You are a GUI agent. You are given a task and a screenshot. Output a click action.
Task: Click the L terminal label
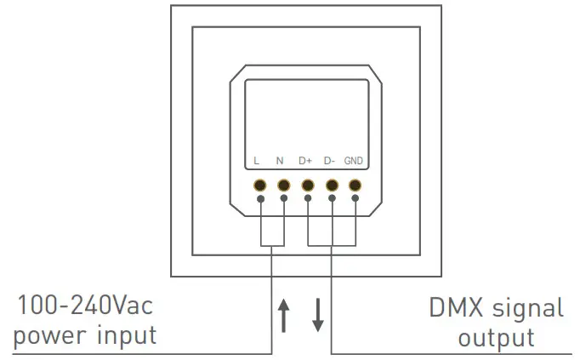click(256, 161)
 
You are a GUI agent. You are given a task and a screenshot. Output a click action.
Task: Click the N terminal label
click(280, 161)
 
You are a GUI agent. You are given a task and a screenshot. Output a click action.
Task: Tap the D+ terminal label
click(306, 161)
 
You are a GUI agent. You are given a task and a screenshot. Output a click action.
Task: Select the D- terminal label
click(330, 161)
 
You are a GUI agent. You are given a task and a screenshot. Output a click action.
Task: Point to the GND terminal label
click(355, 161)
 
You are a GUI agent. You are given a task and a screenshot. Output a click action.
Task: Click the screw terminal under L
click(259, 185)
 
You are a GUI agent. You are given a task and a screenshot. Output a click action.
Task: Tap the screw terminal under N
click(283, 185)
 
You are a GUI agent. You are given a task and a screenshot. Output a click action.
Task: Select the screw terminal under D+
click(308, 185)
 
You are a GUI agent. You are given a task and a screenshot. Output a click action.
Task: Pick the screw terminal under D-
click(332, 185)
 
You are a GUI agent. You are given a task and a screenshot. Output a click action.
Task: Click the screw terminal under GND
click(355, 185)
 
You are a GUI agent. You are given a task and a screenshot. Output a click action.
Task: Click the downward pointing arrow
click(317, 315)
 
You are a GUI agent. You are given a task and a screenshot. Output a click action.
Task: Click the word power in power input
click(52, 334)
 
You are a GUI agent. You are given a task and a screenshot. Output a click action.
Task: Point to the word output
click(497, 337)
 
